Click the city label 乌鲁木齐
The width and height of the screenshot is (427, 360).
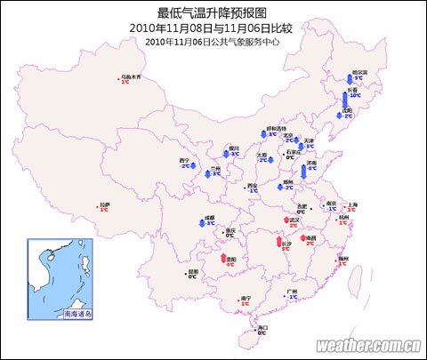131,76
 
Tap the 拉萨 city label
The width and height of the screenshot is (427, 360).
104,204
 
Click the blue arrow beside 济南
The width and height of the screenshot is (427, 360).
303,170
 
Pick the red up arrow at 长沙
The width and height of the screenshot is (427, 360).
286,238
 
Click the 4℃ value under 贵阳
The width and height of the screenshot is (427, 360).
230,264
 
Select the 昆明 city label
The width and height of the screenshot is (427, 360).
193,272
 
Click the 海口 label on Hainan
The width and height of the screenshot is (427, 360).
262,328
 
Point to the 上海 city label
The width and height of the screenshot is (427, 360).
351,204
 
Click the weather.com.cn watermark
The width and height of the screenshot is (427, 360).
367,345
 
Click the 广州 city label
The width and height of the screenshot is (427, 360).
292,292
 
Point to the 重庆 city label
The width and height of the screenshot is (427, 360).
231,231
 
